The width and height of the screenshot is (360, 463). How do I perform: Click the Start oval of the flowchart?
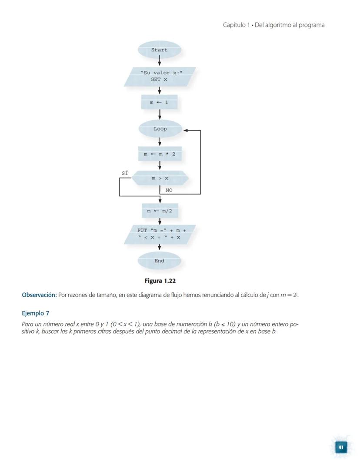point(159,50)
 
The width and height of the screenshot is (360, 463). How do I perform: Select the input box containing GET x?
point(159,77)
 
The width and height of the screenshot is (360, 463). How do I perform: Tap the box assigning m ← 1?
point(159,103)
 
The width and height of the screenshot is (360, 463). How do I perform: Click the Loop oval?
point(160,129)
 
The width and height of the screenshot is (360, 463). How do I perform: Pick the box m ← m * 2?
point(160,154)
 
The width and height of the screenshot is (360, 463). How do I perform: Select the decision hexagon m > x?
point(160,178)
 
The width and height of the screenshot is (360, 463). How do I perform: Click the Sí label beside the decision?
point(125,173)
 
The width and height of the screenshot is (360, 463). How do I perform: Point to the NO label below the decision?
point(169,190)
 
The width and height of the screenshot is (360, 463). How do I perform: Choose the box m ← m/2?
point(160,211)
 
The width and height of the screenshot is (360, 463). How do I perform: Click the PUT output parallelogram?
point(160,234)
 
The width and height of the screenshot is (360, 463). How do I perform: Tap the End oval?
point(160,261)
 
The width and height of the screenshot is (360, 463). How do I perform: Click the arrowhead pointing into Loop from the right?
point(186,130)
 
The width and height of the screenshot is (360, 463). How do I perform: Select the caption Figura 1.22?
point(160,281)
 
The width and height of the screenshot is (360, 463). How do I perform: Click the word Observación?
point(39,295)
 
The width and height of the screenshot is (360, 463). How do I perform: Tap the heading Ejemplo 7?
point(35,313)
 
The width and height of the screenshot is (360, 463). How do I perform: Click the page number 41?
point(341,447)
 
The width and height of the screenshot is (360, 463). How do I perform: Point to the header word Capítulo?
point(234,25)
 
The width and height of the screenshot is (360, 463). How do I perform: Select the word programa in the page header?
point(311,25)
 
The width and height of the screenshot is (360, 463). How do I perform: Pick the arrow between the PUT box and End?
point(160,247)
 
